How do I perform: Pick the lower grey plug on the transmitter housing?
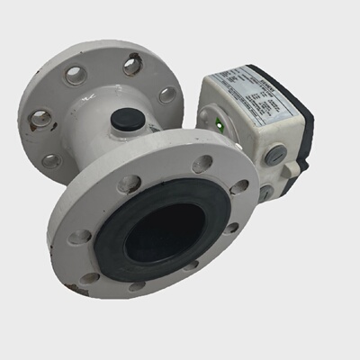(x=265, y=191)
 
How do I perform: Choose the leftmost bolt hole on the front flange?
(x=81, y=237)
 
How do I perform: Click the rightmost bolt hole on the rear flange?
(x=168, y=94)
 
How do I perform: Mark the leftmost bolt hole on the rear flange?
(x=40, y=117)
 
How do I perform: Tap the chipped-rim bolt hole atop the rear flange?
(x=131, y=65)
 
